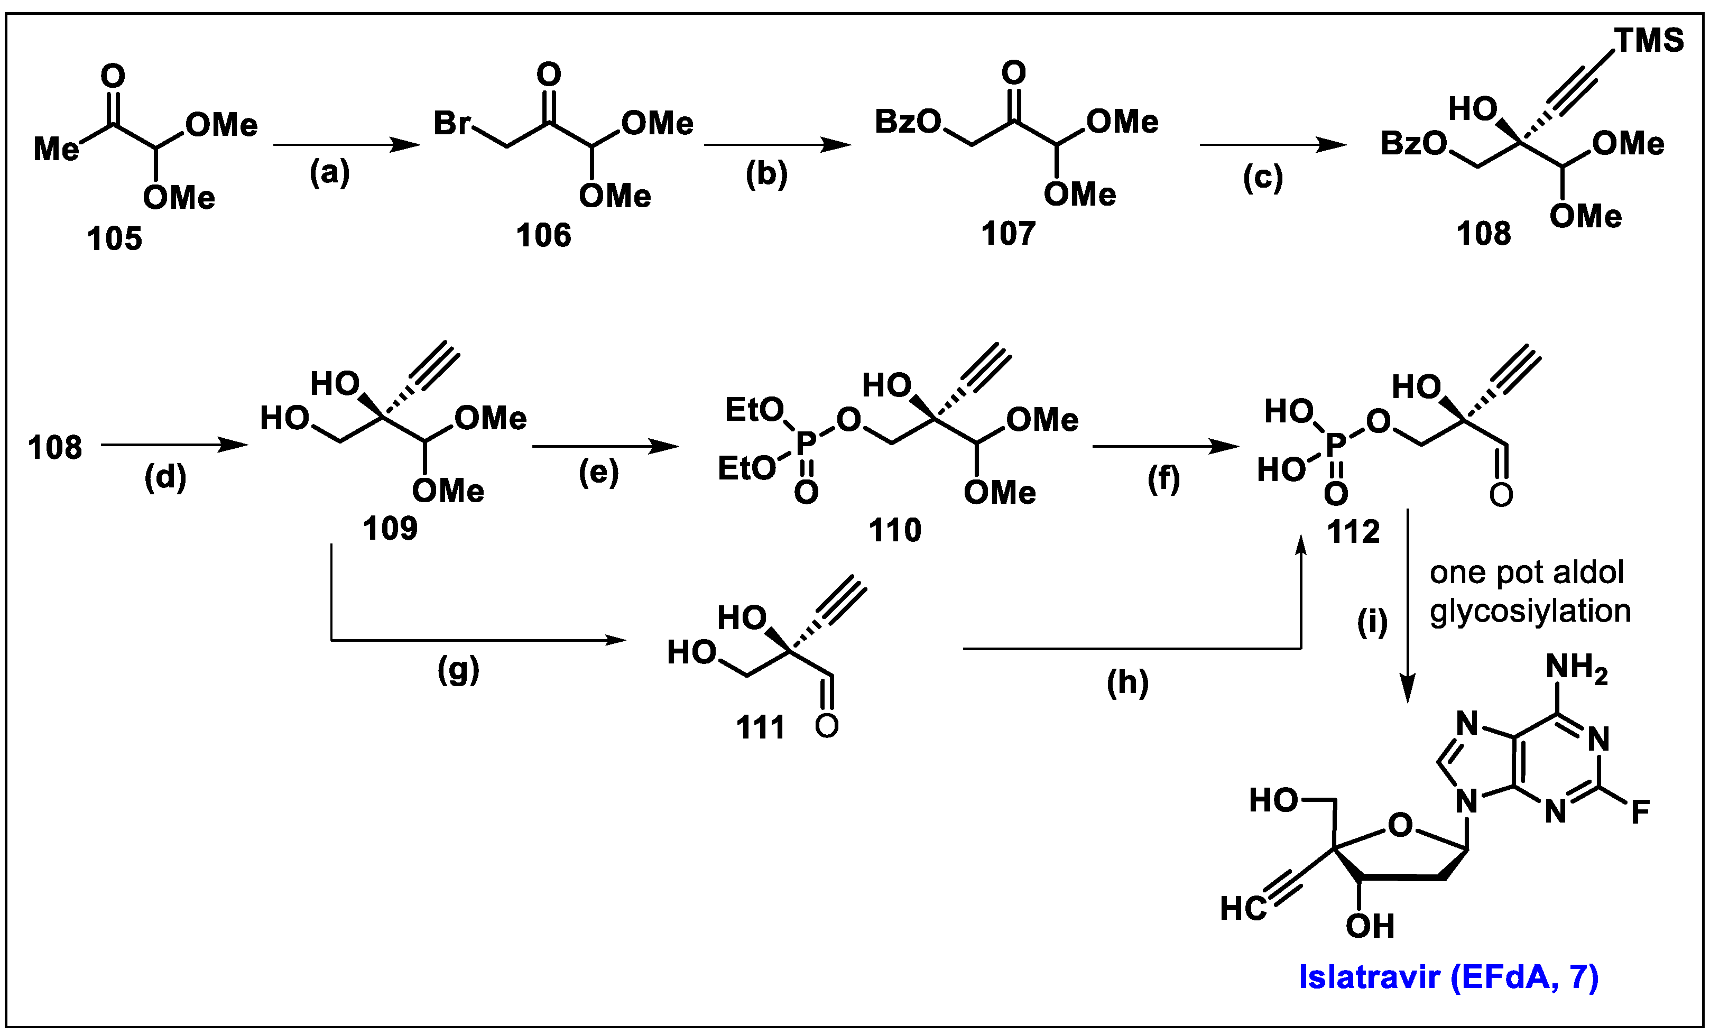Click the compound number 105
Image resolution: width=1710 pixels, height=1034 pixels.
point(115,239)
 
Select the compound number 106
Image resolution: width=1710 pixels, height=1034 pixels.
point(543,235)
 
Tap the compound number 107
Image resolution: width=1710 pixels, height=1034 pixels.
point(1009,234)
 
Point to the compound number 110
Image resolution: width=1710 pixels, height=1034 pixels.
point(894,531)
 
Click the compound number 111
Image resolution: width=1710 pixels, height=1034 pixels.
point(761,728)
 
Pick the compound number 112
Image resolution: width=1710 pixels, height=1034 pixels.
point(1353,532)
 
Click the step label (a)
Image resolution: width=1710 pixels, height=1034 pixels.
point(330,172)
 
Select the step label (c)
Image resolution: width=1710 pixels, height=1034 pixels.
point(1263,178)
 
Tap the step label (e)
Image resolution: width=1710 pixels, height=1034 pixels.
point(598,473)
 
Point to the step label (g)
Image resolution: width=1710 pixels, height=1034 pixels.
point(458,670)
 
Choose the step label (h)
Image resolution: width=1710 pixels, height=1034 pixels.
point(1127,683)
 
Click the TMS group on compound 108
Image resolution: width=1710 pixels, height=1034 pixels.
point(1649,41)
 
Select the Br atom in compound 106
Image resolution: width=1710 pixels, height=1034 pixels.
point(452,124)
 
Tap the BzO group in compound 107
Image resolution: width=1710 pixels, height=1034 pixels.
point(907,122)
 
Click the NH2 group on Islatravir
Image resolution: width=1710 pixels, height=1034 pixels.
point(1577,669)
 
